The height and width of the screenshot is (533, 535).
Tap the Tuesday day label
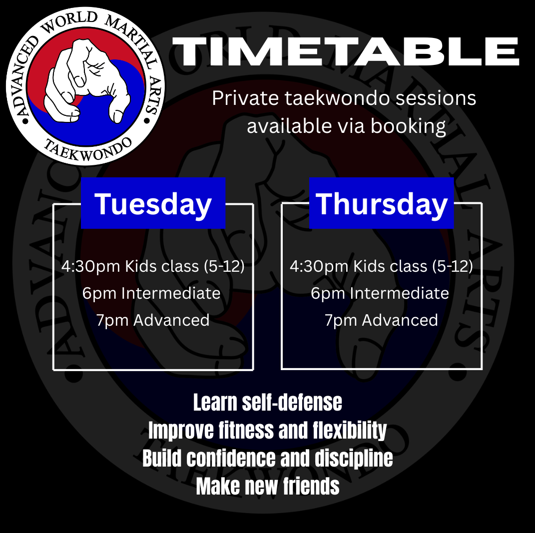click(153, 204)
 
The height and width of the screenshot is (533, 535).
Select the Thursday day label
click(382, 204)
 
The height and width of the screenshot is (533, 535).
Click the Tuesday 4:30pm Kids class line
click(153, 266)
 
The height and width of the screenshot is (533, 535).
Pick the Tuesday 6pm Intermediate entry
click(151, 293)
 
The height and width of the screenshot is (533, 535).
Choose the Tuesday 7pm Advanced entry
click(153, 320)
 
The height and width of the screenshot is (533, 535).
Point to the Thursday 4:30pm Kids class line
click(382, 266)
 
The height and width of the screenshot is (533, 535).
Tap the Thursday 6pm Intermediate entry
click(380, 293)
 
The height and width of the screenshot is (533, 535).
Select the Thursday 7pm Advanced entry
click(382, 320)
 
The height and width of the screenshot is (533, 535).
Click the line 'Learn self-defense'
click(268, 403)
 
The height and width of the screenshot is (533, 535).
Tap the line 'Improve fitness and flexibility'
click(268, 431)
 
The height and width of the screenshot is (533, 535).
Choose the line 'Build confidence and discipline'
click(268, 458)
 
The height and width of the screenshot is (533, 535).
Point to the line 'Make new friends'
click(268, 486)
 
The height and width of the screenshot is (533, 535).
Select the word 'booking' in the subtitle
click(408, 126)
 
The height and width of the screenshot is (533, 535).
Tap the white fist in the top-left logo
click(87, 80)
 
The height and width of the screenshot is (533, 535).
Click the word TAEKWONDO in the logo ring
click(88, 149)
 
